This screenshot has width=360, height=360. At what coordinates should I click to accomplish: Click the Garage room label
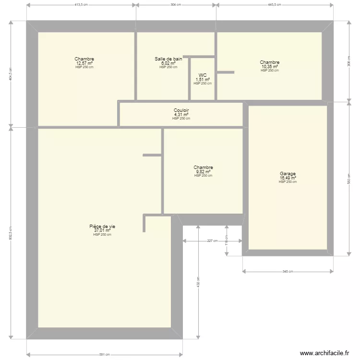point(288,174)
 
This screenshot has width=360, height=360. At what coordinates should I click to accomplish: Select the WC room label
point(203,75)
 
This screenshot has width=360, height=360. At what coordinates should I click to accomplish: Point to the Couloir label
point(181,110)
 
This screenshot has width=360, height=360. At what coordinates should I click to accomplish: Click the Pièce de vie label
point(102,226)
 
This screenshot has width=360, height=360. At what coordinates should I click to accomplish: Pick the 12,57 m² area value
point(84,63)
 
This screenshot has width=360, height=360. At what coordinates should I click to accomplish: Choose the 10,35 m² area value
point(269,66)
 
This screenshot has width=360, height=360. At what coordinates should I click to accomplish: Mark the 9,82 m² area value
point(203,171)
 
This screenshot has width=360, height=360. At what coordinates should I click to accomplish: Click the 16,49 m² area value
point(288,178)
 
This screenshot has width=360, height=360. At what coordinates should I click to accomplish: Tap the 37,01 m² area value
point(102,230)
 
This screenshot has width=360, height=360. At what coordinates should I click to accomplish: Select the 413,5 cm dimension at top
point(81,4)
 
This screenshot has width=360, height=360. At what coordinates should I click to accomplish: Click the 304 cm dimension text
point(176,4)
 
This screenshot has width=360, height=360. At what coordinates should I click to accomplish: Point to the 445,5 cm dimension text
point(274,4)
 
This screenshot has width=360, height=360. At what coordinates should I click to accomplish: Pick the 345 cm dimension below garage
point(288,272)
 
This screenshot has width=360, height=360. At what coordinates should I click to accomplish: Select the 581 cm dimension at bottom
point(104,355)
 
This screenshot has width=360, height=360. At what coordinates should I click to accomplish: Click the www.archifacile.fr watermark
point(324,353)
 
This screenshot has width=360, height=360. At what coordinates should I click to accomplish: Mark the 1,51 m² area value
point(203,80)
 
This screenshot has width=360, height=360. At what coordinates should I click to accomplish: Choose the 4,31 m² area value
point(181,115)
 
